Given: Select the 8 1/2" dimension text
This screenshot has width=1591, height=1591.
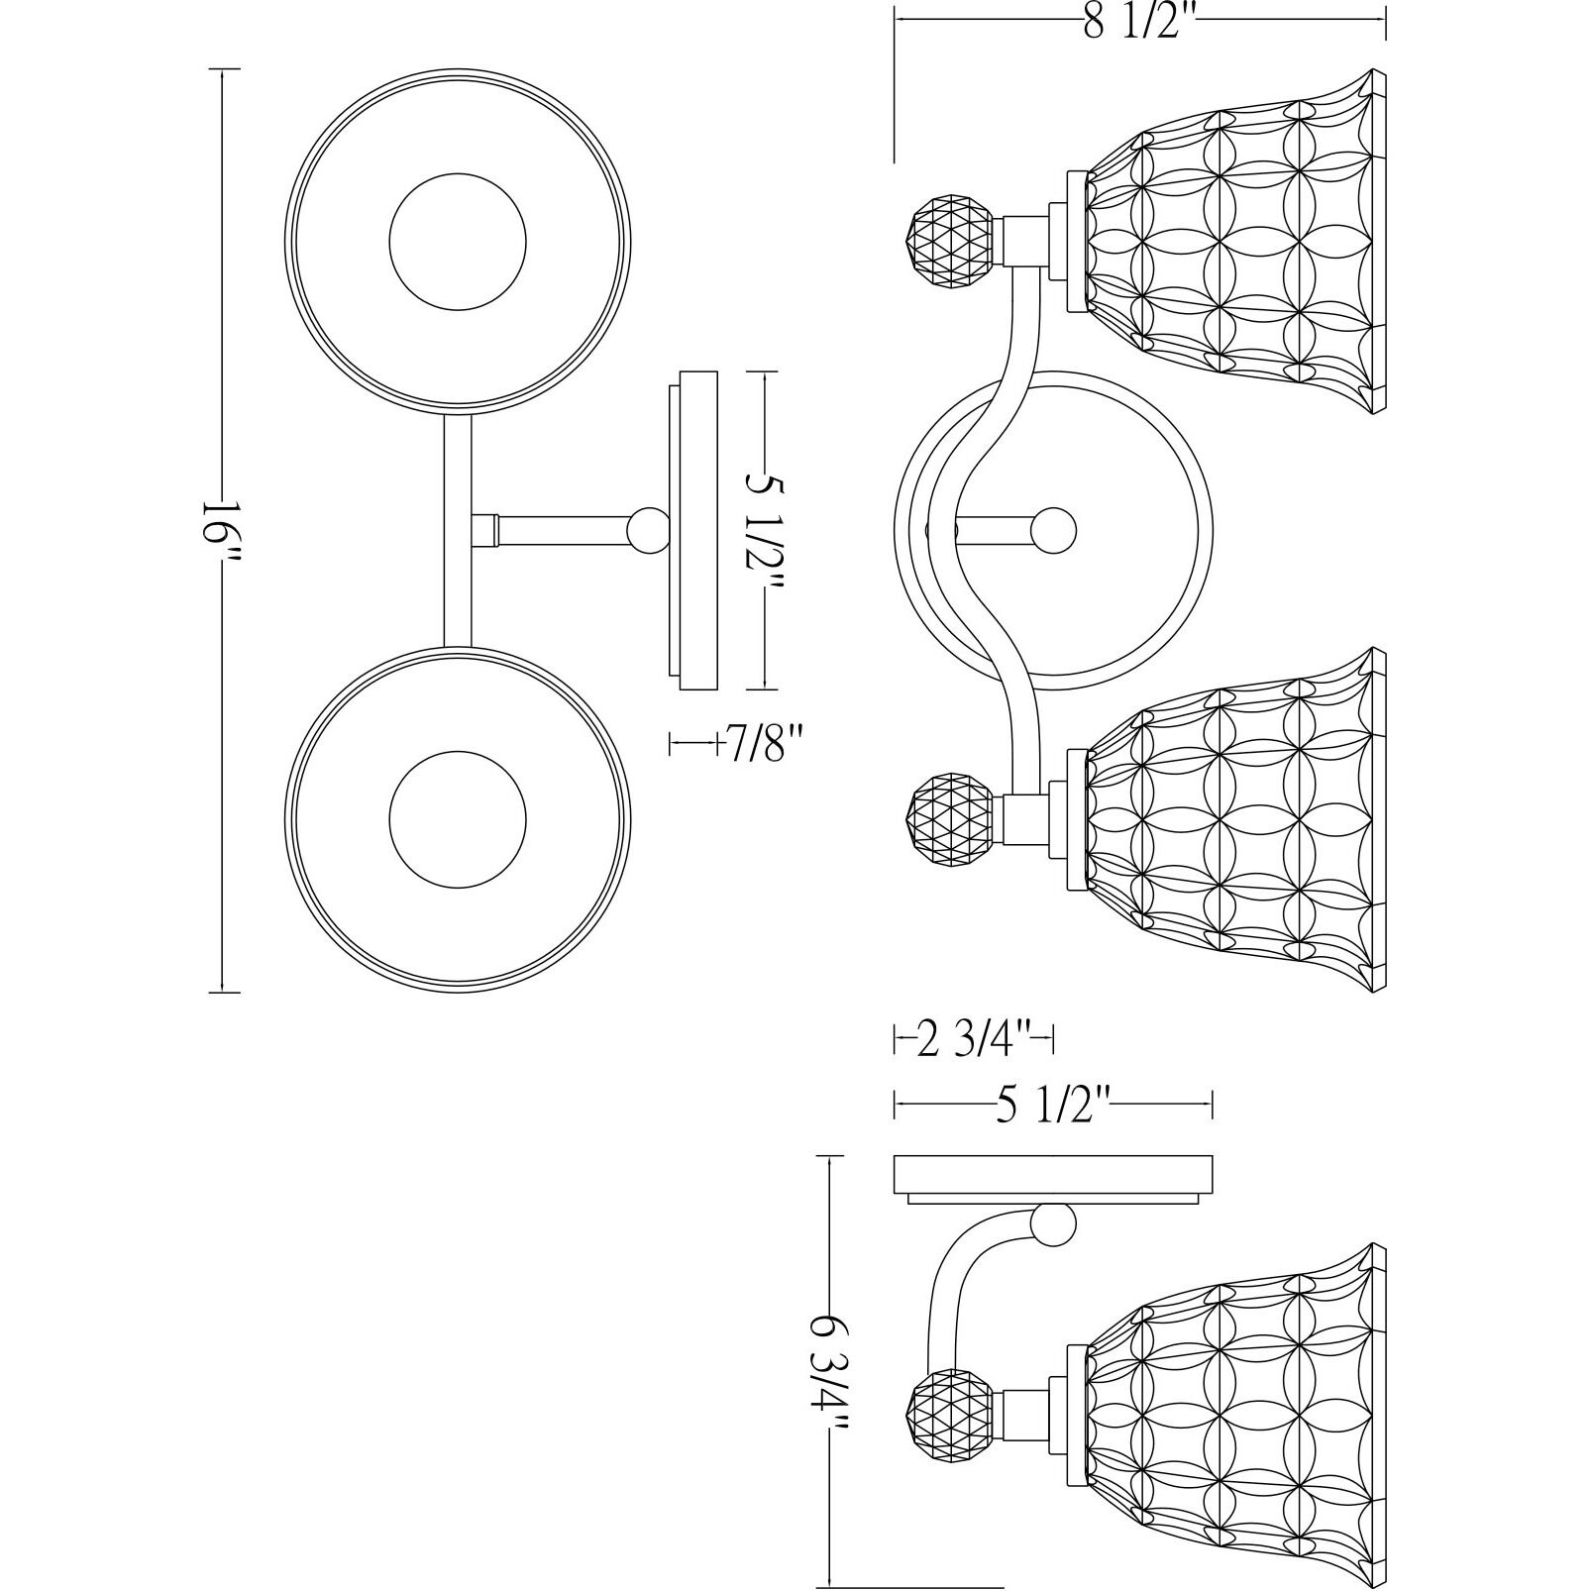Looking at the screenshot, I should pos(1139,22).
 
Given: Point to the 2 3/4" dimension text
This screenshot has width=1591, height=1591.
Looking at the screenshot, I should pos(976,1041).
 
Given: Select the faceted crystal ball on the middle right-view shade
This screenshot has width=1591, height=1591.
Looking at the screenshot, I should pos(948,821).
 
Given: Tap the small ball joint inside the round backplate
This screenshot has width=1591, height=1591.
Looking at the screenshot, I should pos(1053,530).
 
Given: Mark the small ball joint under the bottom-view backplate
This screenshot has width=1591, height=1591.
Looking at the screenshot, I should pos(1052,1225).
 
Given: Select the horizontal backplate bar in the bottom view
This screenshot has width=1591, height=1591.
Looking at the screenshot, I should pos(1053,1174).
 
